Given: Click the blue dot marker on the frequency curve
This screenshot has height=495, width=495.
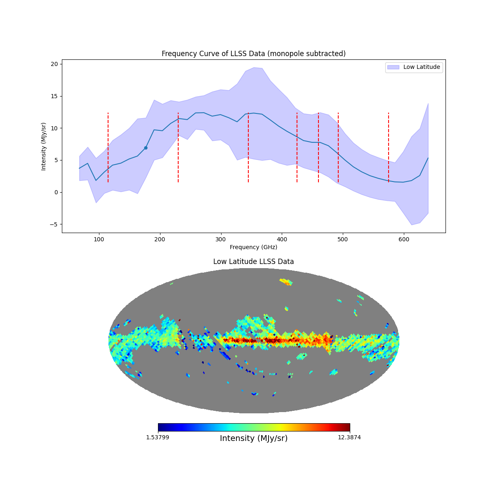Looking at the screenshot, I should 146,148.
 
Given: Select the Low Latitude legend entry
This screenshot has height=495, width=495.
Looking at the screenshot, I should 414,67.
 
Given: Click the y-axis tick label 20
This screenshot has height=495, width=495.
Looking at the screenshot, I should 54,64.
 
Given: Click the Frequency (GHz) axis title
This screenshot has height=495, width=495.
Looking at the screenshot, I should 253,247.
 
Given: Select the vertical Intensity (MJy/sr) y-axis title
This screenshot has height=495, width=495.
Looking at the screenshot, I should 44,146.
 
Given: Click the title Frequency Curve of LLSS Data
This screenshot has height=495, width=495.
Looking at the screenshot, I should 253,54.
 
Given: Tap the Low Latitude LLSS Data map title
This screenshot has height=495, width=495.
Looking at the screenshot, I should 253,262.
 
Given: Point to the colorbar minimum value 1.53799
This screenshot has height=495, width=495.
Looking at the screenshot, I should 157,437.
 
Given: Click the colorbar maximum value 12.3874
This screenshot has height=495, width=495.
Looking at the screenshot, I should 349,437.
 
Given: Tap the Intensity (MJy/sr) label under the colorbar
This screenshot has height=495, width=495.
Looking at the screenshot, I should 254,438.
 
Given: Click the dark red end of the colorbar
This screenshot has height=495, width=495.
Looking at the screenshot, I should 347,427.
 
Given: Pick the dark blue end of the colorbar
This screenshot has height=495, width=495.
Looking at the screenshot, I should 161,427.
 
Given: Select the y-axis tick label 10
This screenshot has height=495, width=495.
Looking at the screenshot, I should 54,128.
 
